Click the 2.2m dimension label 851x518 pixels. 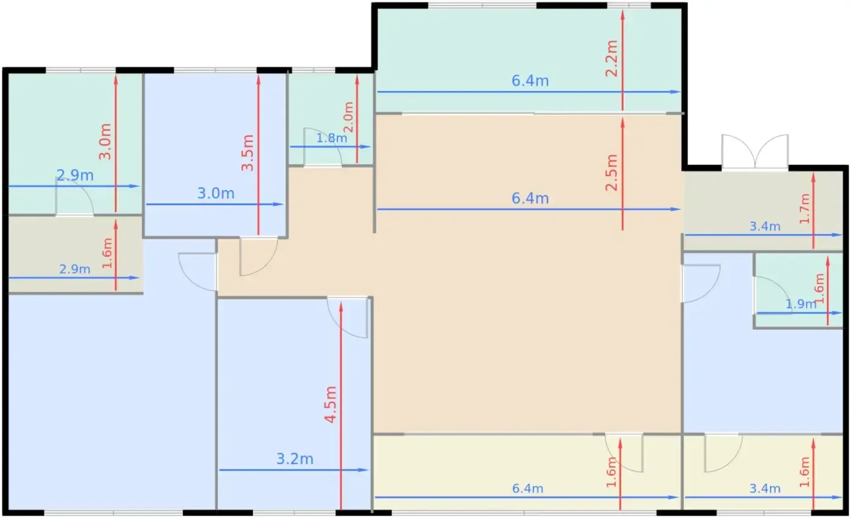pos(612,58)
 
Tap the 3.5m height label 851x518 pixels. pos(248,152)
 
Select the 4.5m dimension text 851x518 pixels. pos(331,404)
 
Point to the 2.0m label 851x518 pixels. pos(348,117)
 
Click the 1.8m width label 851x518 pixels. pos(332,138)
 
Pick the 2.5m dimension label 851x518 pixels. pos(612,172)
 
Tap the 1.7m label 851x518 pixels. pos(805,209)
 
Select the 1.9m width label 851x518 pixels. pos(801,304)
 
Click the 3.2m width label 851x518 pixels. pos(295,459)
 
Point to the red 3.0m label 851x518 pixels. pos(105,141)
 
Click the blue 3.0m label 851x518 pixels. pos(216,194)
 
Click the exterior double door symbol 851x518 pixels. pos(755,151)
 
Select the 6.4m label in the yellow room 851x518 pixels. pos(528,488)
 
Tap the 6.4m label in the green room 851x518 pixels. pos(530,81)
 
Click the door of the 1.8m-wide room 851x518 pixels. pos(322,147)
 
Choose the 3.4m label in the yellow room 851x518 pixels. pos(765,488)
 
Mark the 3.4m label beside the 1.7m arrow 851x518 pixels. pos(765,227)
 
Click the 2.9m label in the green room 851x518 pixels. pos(75,176)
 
